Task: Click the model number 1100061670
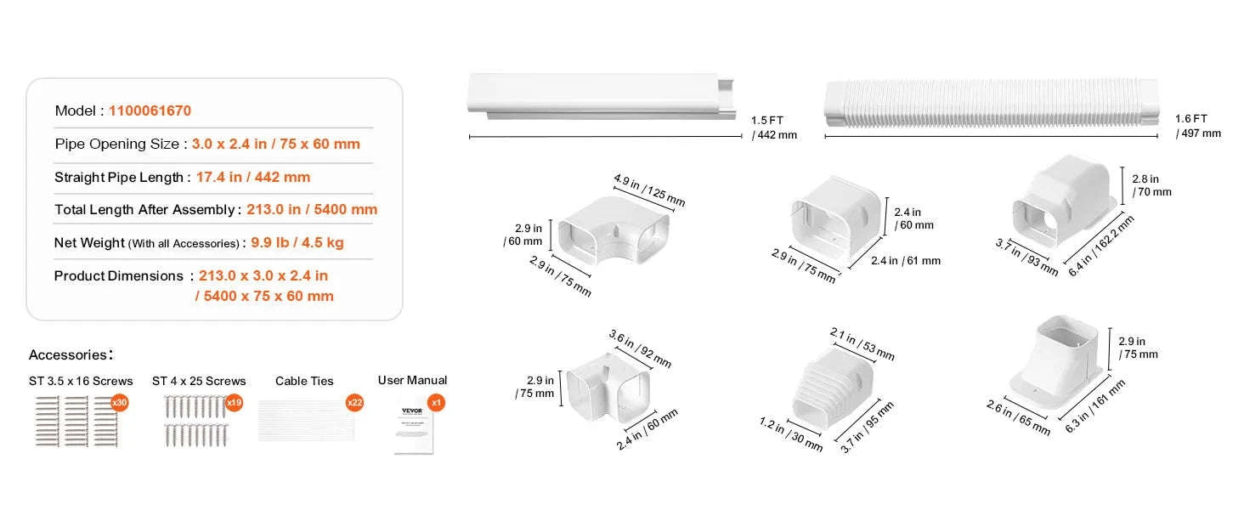coord(150,110)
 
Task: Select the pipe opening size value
coord(276,144)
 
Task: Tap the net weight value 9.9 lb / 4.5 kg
coord(297,243)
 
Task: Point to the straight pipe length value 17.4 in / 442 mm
coord(253,177)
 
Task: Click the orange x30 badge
coord(120,402)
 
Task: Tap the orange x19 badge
coord(235,402)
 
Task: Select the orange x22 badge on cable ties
coord(354,402)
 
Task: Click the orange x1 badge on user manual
coord(436,402)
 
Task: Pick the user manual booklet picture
coord(414,429)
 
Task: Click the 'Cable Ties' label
coord(304,381)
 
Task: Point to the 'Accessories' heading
coord(71,354)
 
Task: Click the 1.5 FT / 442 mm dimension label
coord(773,127)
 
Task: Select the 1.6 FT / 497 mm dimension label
coord(1198,126)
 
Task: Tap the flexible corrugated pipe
coord(992,104)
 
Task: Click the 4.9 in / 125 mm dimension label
coord(649,190)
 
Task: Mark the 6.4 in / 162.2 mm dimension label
coord(1100,246)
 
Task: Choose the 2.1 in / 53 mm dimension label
coord(862,344)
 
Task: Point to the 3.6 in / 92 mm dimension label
coord(640,348)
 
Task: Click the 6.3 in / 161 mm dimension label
coord(1094,406)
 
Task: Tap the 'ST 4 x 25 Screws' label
coord(199,381)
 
